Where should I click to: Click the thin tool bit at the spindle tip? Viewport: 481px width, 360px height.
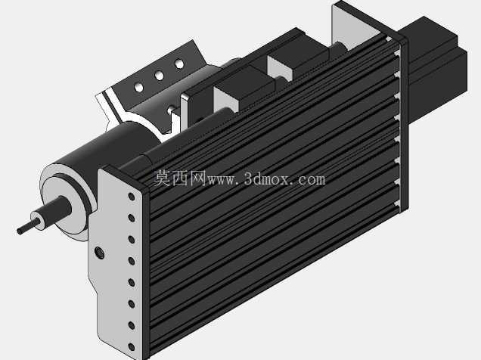[28, 225]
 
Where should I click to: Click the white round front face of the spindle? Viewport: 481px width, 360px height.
[65, 209]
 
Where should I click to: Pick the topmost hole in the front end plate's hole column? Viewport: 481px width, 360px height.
[132, 197]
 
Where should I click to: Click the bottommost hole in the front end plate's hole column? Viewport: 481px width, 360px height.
[132, 347]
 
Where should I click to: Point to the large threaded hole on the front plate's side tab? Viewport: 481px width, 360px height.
[100, 253]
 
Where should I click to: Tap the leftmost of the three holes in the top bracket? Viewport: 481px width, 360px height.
[138, 88]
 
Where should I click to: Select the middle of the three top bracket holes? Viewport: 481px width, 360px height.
[160, 76]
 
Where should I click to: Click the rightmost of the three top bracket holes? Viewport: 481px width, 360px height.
[179, 64]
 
